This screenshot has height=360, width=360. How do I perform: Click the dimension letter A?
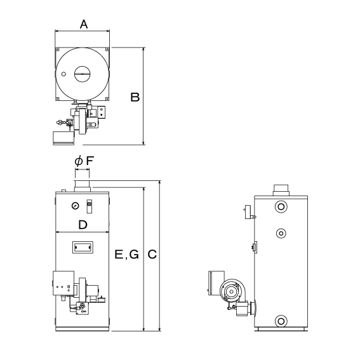coord(84,24)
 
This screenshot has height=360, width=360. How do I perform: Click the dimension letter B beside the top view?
coord(135,97)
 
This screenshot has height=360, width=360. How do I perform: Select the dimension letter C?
coord(152,255)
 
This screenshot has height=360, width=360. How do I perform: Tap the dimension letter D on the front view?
coord(83,225)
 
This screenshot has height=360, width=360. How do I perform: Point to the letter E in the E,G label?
coord(119,255)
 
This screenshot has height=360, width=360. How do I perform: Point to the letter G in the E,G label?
coord(134,255)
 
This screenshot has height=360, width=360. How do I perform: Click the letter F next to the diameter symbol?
coord(90,161)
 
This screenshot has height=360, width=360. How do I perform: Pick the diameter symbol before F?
coord(79,161)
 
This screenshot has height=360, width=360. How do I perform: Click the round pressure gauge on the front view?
coord(75,206)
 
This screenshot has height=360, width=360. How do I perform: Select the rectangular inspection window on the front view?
coord(83,247)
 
